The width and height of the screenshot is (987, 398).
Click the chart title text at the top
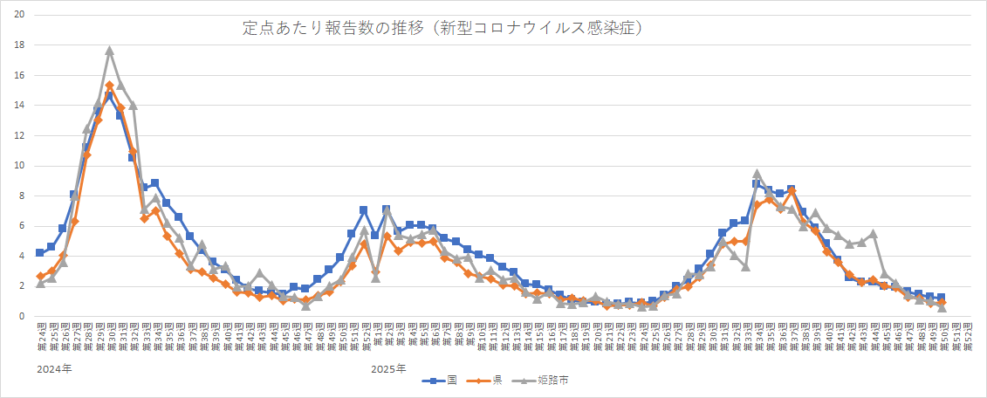(x=442, y=29)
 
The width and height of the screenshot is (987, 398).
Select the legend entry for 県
(x=486, y=380)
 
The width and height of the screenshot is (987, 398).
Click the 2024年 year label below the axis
(x=54, y=369)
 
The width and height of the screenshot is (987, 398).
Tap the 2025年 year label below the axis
(x=388, y=369)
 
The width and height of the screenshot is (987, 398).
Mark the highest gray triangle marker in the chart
(x=109, y=51)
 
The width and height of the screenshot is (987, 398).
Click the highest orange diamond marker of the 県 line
(x=109, y=86)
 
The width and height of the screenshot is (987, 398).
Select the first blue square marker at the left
(x=40, y=253)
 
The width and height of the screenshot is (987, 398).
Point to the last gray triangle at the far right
(x=942, y=307)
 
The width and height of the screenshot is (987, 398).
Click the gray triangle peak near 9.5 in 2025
(x=757, y=174)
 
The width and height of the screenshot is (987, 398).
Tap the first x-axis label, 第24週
(x=40, y=334)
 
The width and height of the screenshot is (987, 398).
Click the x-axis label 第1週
(x=375, y=334)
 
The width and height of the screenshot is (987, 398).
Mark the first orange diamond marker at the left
(x=40, y=276)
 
